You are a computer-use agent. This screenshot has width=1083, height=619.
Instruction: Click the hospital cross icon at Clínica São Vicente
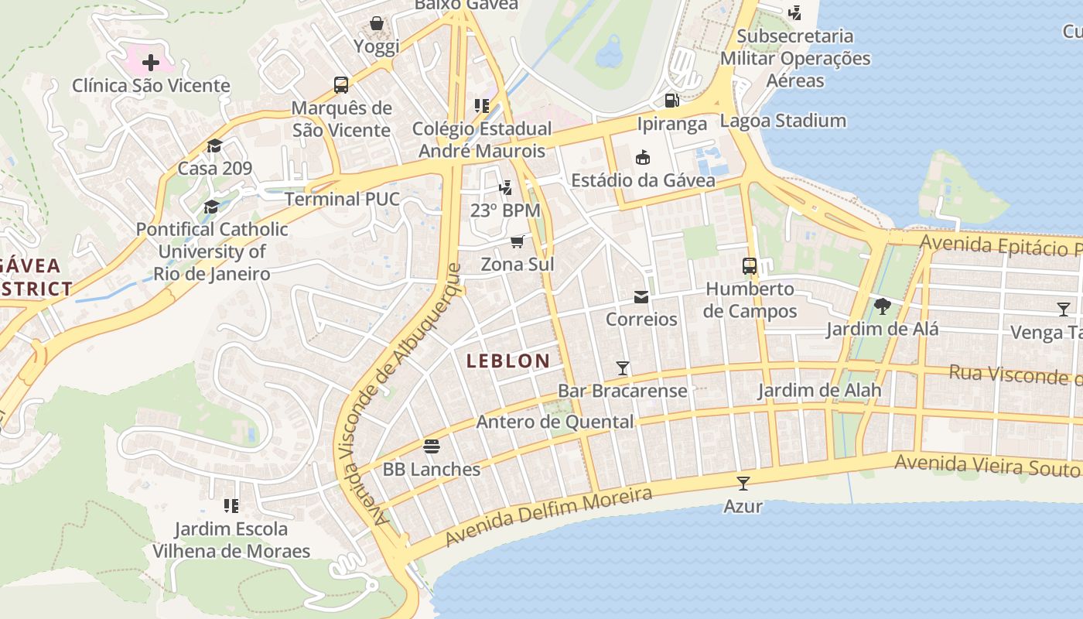click(151, 62)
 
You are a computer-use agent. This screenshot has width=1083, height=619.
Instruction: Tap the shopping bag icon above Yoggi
click(377, 23)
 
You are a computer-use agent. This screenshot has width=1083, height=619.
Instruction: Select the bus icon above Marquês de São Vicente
click(341, 84)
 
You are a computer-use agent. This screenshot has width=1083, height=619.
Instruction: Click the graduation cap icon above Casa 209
click(214, 145)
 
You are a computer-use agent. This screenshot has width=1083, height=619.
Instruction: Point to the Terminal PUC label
click(342, 199)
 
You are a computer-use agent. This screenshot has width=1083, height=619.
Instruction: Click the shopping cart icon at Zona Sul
click(518, 241)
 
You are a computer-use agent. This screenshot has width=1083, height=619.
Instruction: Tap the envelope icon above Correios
click(641, 297)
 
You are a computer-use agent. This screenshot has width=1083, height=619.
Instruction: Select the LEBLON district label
click(508, 361)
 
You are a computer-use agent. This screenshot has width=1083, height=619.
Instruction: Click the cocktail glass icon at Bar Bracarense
click(622, 368)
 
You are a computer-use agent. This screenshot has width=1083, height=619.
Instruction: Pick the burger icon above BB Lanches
click(432, 446)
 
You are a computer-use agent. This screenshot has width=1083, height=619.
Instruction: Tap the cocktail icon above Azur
click(743, 484)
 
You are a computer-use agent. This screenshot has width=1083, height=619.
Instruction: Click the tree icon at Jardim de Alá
click(882, 306)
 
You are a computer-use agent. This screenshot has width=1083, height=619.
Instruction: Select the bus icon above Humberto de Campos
click(750, 266)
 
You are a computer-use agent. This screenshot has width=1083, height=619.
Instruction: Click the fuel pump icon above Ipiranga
click(671, 101)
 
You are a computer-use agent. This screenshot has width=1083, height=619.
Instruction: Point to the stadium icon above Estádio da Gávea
click(642, 158)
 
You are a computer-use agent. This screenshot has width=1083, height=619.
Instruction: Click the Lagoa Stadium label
click(783, 121)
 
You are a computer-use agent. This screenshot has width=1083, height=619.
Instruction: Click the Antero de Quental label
click(555, 422)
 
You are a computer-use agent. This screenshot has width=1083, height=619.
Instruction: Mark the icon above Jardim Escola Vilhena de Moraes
click(231, 506)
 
